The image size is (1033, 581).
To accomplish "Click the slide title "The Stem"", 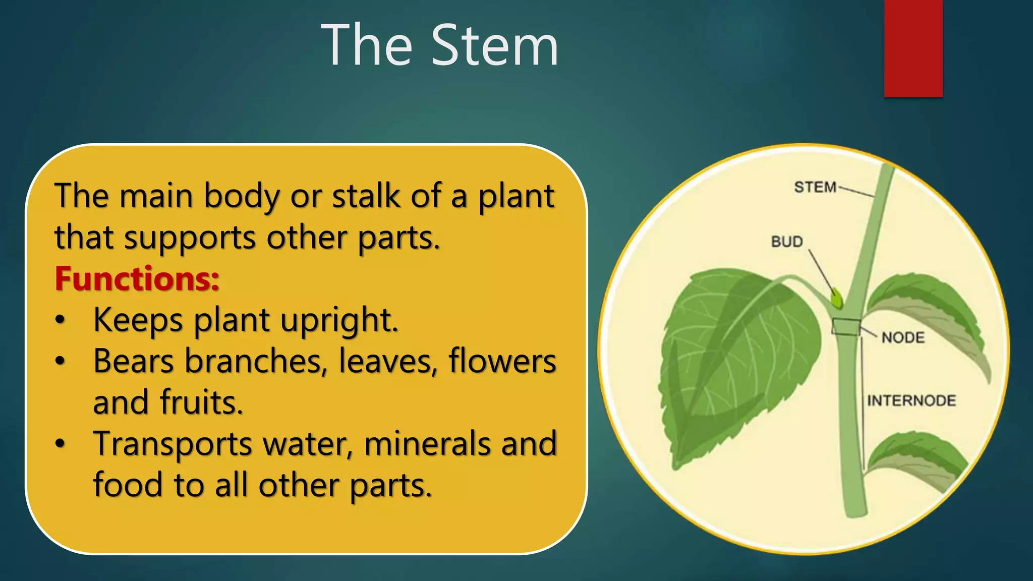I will point(440,45).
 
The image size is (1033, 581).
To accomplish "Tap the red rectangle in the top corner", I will point(913,48).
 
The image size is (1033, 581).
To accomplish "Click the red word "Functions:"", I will point(137,278).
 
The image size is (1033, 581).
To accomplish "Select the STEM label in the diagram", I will point(815,187).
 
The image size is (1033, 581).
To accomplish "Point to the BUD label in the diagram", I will point(787,242).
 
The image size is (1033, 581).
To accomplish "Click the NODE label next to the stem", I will point(903,337).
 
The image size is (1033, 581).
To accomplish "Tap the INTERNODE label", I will point(911,400).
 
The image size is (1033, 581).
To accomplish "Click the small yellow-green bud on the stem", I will point(837,299).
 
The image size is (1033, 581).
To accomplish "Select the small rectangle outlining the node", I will point(846,327).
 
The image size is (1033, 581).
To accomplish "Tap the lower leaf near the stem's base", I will point(918,456).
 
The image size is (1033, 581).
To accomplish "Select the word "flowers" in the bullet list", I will point(502,361).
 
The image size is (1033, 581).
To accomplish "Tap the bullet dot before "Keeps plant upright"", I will point(60,320).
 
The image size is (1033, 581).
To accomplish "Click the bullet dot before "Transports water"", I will point(60,444).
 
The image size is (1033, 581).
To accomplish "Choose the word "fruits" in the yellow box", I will point(202,402).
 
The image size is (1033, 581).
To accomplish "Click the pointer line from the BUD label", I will point(821,272).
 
